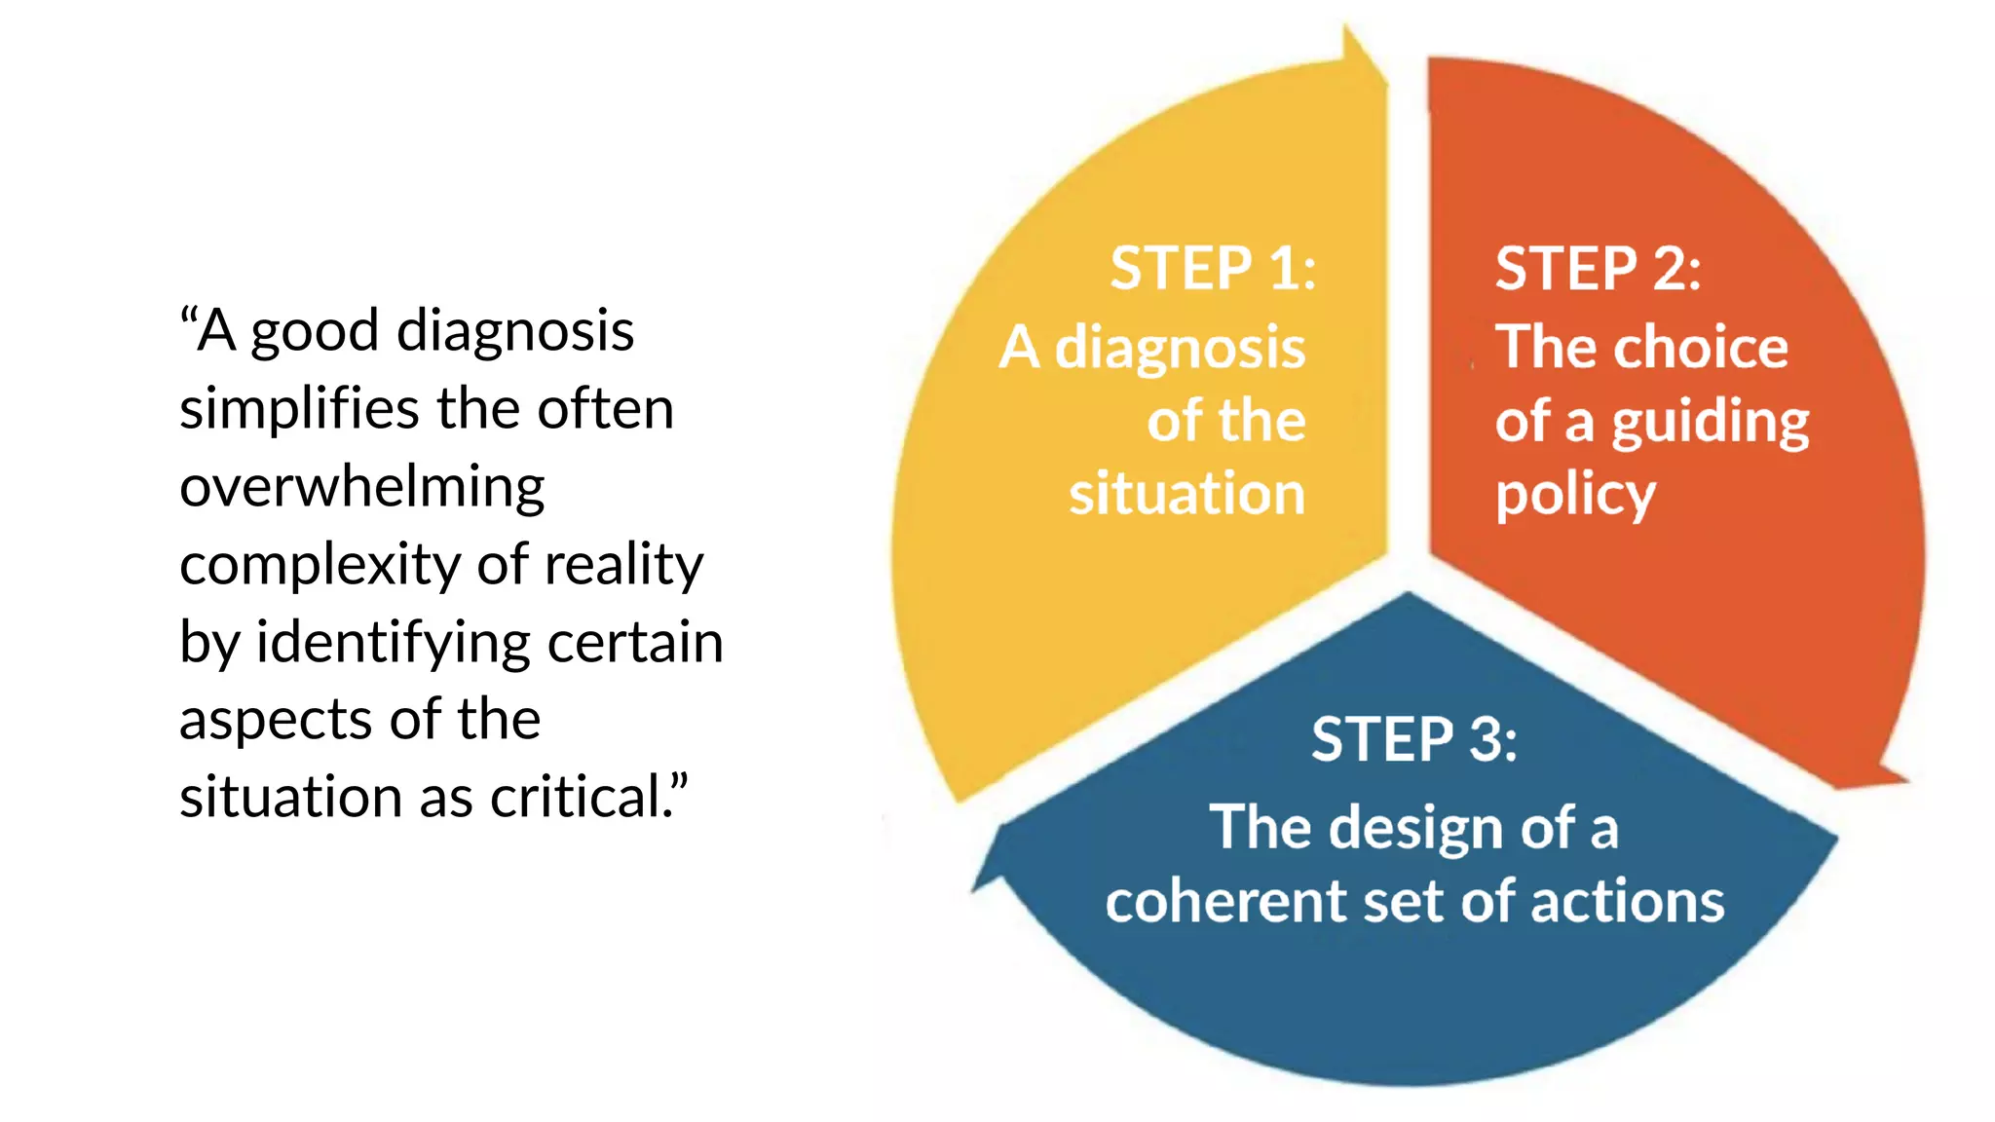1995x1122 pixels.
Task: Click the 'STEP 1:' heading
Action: (1213, 269)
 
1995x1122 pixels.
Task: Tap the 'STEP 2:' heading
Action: (1598, 269)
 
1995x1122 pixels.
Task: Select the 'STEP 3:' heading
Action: (1413, 739)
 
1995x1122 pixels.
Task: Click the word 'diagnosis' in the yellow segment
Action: (1180, 349)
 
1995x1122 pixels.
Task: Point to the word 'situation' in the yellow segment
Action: (1186, 494)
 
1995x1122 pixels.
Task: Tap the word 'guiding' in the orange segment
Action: (1710, 424)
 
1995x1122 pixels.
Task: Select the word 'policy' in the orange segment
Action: (1575, 496)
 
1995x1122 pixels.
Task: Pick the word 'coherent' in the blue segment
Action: (1224, 901)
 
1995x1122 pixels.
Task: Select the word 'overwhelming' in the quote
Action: (361, 487)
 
